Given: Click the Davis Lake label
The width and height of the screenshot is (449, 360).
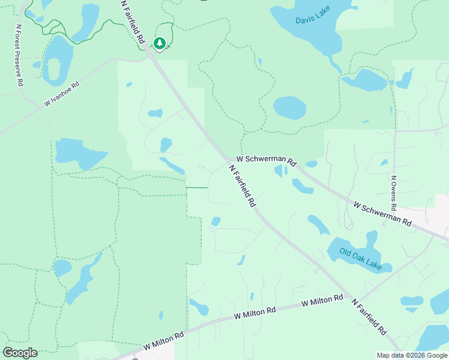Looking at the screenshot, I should [313, 20].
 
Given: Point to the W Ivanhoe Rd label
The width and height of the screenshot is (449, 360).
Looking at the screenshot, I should [62, 95].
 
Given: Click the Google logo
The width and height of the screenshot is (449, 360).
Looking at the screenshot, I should [20, 353].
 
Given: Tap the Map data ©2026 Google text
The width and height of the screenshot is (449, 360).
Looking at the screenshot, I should [411, 355].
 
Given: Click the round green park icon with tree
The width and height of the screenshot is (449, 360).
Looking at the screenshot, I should [159, 43].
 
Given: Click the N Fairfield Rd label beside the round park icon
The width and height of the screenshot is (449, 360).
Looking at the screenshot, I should [133, 22].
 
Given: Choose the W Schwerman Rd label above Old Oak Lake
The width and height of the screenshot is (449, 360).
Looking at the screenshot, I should [382, 214].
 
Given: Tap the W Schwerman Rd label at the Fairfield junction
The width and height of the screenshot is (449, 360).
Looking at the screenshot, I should [267, 160].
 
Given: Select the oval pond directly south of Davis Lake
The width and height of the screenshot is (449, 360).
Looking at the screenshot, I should [290, 108].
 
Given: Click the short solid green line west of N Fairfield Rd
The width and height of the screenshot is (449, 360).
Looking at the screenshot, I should [197, 188].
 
